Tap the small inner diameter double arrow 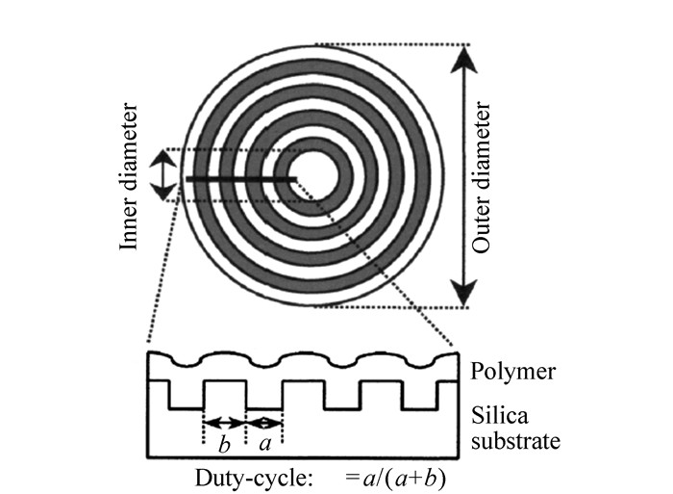pyautogui.click(x=165, y=174)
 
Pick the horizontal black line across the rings pyautogui.click(x=240, y=178)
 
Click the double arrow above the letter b pyautogui.click(x=225, y=423)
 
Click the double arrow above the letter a pyautogui.click(x=265, y=423)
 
